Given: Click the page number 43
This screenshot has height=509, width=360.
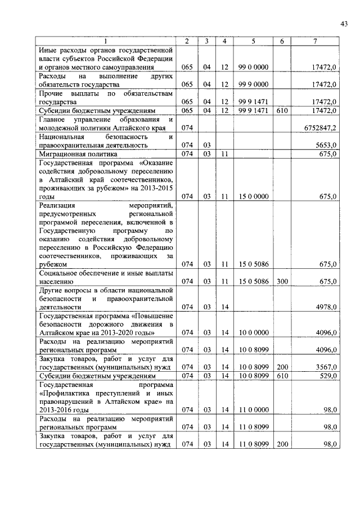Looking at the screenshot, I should pos(344,23).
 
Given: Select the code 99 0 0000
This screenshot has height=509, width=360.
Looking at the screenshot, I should pos(254,67).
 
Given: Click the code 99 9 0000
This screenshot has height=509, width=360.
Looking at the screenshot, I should pos(254,84).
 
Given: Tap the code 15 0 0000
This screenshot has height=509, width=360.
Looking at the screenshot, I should pos(254,196).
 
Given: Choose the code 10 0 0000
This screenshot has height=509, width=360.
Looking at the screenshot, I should pos(254,332).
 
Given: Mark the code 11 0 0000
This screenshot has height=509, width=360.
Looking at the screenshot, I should pos(254,410).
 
